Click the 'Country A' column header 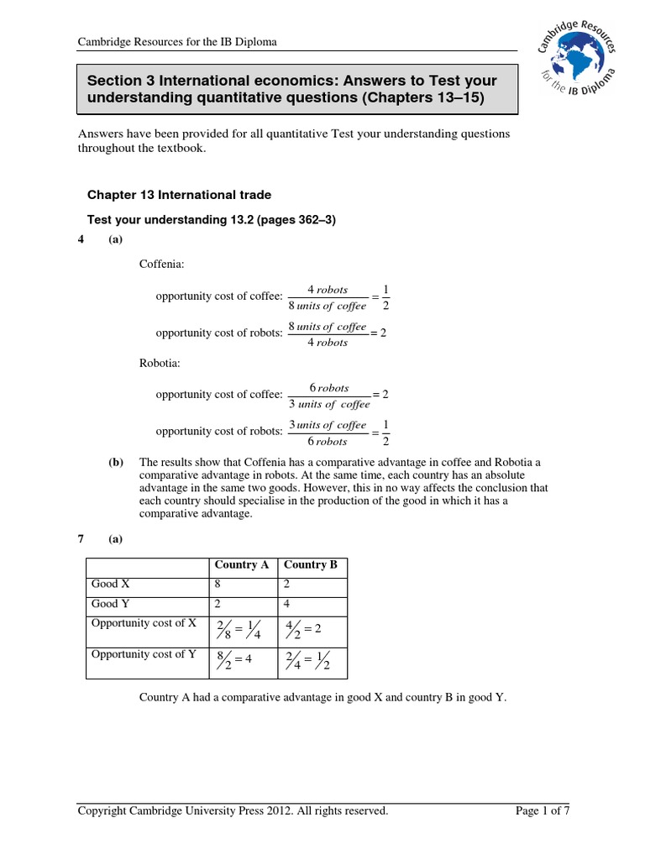point(242,564)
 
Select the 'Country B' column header point(311,564)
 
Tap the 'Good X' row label point(110,584)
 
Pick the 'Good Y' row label point(110,603)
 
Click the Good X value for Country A point(218,584)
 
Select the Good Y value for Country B point(287,603)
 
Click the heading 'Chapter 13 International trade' point(179,195)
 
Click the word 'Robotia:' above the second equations point(160,363)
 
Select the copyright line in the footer point(233,810)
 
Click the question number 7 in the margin point(81,539)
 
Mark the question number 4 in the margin point(81,240)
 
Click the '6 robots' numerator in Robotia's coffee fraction point(329,388)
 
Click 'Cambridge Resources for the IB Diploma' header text point(177,42)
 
